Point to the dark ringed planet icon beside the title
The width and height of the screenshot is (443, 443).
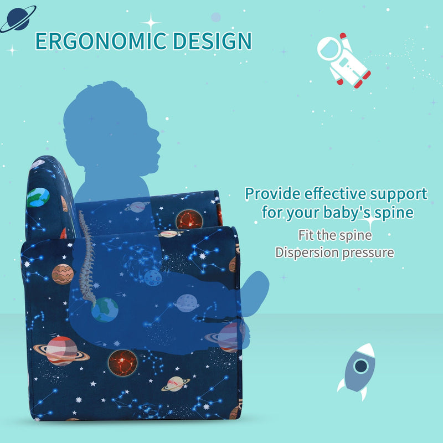pos(17,18)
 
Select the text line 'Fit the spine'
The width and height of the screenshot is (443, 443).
pos(334,235)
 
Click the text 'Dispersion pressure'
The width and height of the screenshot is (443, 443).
pos(334,253)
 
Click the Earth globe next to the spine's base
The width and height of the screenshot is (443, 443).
pos(105,310)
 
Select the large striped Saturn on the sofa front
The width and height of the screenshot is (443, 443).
pos(61,351)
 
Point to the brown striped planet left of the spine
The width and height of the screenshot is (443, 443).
pos(63,274)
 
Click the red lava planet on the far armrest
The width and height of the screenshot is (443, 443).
pos(189,220)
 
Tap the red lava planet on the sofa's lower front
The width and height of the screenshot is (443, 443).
pos(122,362)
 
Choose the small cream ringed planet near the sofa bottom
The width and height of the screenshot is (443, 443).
pos(176,383)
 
